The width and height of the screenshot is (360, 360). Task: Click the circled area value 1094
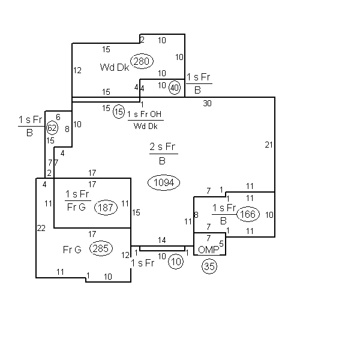tap(164, 183)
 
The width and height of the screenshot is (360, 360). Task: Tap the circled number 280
tap(142, 61)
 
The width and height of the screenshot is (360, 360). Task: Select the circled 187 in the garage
tap(106, 208)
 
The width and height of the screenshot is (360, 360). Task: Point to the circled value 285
tap(101, 248)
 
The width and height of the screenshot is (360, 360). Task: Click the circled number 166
tap(248, 214)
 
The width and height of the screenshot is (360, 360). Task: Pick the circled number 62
tap(52, 128)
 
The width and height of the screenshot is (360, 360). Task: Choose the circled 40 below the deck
tap(175, 88)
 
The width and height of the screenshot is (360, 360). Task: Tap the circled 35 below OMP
tap(209, 266)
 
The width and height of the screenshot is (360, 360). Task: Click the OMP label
tap(208, 250)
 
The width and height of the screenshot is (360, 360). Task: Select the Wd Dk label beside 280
tap(115, 67)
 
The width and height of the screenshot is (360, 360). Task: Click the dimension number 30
tap(208, 104)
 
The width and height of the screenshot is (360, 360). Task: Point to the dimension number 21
tap(269, 145)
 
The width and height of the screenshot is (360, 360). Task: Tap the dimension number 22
tap(41, 228)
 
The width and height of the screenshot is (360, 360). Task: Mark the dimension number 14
tap(162, 240)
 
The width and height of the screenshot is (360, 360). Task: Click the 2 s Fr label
tap(163, 146)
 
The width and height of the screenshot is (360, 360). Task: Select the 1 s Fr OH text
tap(145, 114)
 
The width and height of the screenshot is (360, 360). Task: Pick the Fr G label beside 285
tap(72, 250)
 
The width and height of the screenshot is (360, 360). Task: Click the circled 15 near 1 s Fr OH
tap(119, 112)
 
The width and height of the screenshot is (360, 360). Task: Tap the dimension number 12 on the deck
tap(77, 70)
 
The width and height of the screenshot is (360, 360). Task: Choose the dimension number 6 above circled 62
tap(58, 118)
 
